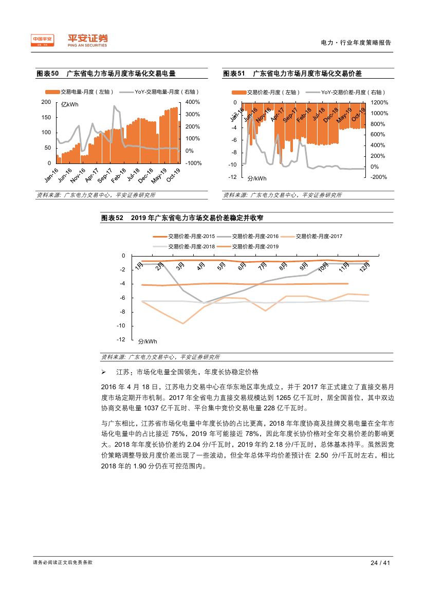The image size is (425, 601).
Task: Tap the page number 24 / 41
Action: (x=381, y=562)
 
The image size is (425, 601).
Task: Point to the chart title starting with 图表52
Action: (x=182, y=218)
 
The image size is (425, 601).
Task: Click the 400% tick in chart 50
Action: (x=192, y=102)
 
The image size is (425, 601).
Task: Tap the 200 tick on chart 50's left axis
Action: (x=46, y=102)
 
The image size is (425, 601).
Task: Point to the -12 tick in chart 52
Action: (x=121, y=340)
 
